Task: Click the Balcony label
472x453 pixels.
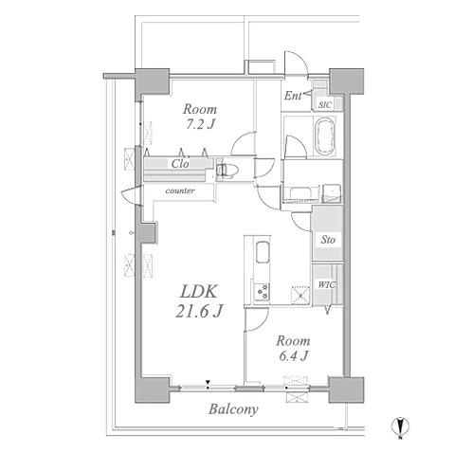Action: [x=233, y=409]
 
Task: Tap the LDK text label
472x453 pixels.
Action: [x=199, y=292]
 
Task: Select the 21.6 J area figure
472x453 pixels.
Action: [x=199, y=311]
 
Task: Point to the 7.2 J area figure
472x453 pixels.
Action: [x=200, y=124]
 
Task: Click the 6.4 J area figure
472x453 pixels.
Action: [x=294, y=355]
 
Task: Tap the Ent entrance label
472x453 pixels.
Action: [x=292, y=96]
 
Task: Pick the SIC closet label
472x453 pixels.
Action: [x=325, y=105]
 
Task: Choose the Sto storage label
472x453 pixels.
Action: [x=328, y=240]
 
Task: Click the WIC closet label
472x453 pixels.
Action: [x=326, y=285]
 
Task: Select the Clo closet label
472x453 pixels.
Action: [x=180, y=163]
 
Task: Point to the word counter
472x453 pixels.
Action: [x=180, y=190]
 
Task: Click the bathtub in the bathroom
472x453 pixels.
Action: [x=324, y=136]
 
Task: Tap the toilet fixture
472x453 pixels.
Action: [x=227, y=171]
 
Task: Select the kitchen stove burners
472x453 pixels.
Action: [x=262, y=292]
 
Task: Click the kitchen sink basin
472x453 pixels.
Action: [x=263, y=252]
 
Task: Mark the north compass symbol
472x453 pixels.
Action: [x=400, y=427]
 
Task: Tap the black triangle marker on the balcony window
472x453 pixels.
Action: [x=208, y=382]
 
